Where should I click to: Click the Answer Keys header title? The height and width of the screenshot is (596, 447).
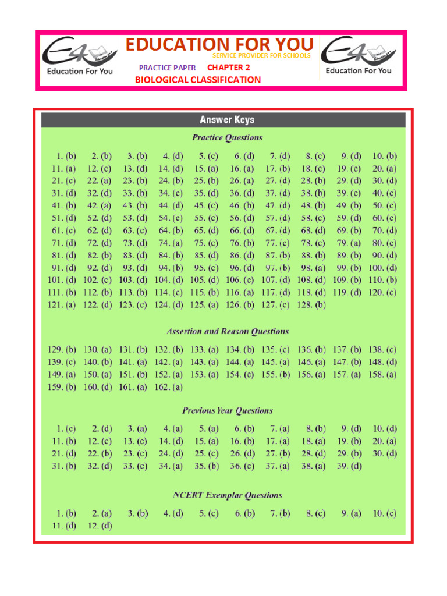tap(227, 120)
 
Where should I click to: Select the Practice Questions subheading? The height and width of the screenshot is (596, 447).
tap(227, 138)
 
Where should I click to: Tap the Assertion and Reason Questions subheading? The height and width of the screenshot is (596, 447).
tap(227, 332)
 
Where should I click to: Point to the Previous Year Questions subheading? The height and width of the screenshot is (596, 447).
tap(227, 411)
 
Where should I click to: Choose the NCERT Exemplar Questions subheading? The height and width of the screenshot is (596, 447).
tap(227, 496)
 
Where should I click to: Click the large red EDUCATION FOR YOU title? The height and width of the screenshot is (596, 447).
tap(220, 44)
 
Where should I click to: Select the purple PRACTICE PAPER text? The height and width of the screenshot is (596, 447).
tap(168, 68)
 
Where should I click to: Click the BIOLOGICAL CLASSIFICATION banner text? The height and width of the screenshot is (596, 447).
tap(198, 80)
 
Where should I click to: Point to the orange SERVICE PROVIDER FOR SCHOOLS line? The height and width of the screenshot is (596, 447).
tap(261, 56)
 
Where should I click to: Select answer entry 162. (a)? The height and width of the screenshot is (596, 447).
tap(169, 387)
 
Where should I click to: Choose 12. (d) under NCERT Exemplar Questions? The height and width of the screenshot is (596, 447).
tap(100, 526)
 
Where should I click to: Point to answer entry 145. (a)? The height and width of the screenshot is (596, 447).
tap(275, 362)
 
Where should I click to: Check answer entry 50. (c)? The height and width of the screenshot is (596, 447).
tap(384, 205)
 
